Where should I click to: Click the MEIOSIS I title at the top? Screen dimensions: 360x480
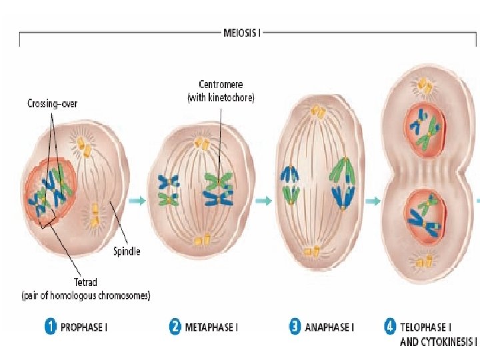[242, 31]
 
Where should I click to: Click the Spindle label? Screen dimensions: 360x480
[127, 251]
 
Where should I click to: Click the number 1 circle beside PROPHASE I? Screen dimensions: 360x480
[50, 327]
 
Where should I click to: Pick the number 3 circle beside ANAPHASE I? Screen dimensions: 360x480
[294, 327]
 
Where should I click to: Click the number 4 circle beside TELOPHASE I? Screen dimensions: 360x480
[389, 327]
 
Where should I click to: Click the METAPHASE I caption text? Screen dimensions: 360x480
[209, 328]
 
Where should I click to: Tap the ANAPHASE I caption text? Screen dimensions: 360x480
[329, 328]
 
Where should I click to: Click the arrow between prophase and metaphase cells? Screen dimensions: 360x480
[137, 199]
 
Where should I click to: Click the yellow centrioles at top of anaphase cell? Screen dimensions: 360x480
[320, 113]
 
